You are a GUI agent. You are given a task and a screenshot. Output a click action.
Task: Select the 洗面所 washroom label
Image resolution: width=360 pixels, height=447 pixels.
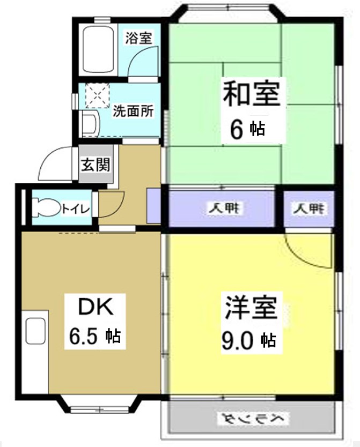click(133, 112)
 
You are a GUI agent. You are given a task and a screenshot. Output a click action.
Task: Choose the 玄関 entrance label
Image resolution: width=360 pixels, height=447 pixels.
click(95, 165)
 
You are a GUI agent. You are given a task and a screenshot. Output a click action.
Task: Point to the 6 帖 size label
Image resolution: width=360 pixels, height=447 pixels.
click(247, 129)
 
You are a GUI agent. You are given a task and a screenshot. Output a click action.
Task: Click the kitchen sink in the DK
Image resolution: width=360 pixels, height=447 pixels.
click(35, 332)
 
